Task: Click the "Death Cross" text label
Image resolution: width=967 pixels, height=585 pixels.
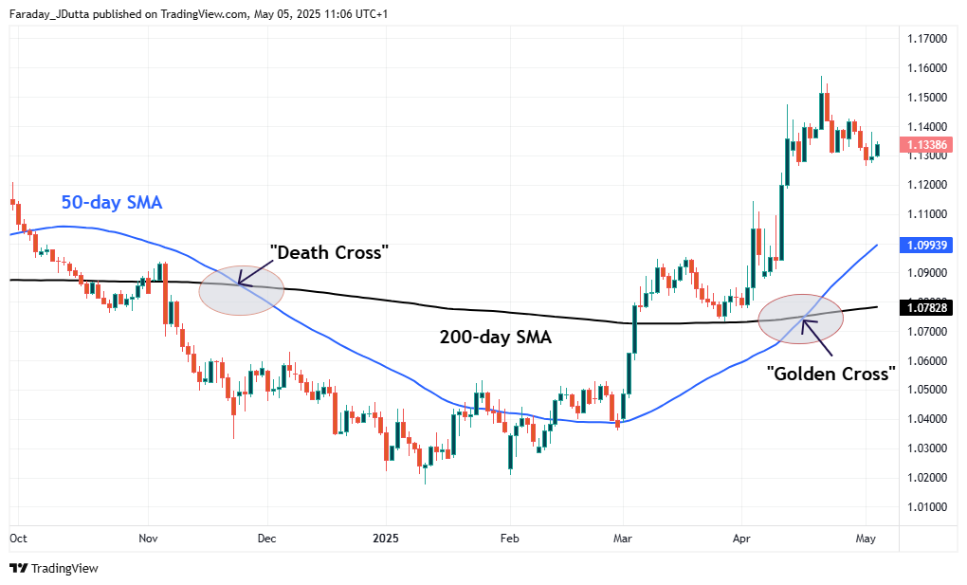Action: [x=330, y=252]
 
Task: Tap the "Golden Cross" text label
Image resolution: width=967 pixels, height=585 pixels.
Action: [x=830, y=373]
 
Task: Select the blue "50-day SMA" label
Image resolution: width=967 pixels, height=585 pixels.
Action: [x=112, y=202]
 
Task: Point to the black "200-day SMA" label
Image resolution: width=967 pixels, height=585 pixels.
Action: [x=496, y=336]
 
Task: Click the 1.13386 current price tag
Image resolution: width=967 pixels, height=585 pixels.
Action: [x=924, y=145]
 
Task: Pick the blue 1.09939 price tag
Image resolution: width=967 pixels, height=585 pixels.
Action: [x=924, y=244]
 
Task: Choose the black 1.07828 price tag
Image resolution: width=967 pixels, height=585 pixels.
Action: [x=924, y=307]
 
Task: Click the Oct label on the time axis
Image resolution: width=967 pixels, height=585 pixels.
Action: [x=18, y=538]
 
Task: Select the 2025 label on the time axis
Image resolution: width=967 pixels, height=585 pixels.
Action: [x=387, y=538]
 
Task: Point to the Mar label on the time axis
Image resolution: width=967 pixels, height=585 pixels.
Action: [x=623, y=538]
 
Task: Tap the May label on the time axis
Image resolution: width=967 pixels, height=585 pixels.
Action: [x=864, y=538]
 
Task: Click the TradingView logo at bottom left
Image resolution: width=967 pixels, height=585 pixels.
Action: [x=54, y=568]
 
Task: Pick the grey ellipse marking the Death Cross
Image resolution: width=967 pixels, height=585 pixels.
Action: [x=242, y=289]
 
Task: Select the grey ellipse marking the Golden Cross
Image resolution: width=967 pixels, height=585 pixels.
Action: [x=801, y=319]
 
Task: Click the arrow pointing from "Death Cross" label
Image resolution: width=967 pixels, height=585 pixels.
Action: [x=253, y=272]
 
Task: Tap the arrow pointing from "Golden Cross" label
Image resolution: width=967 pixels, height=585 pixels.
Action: [x=817, y=338]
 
